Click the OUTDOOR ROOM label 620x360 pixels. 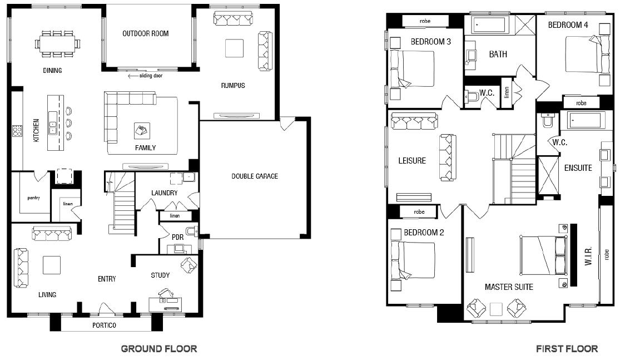click(x=146, y=33)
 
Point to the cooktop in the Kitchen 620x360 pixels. click(x=17, y=131)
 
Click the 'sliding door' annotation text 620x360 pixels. click(x=151, y=76)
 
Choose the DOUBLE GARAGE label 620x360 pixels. click(x=255, y=176)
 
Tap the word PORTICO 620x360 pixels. click(x=104, y=325)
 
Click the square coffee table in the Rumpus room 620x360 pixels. click(x=235, y=48)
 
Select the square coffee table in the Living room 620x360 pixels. click(x=52, y=265)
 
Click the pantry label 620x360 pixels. click(x=33, y=198)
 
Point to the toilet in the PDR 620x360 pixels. click(x=192, y=231)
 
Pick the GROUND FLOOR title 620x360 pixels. click(x=159, y=348)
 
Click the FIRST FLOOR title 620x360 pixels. click(x=567, y=348)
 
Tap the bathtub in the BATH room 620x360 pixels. click(x=489, y=26)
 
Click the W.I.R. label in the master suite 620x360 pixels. click(x=588, y=256)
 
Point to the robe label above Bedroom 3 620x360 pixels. click(x=425, y=21)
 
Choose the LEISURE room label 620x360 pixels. click(x=412, y=161)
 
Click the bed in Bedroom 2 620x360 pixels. click(x=413, y=260)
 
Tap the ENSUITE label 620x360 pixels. click(x=578, y=167)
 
